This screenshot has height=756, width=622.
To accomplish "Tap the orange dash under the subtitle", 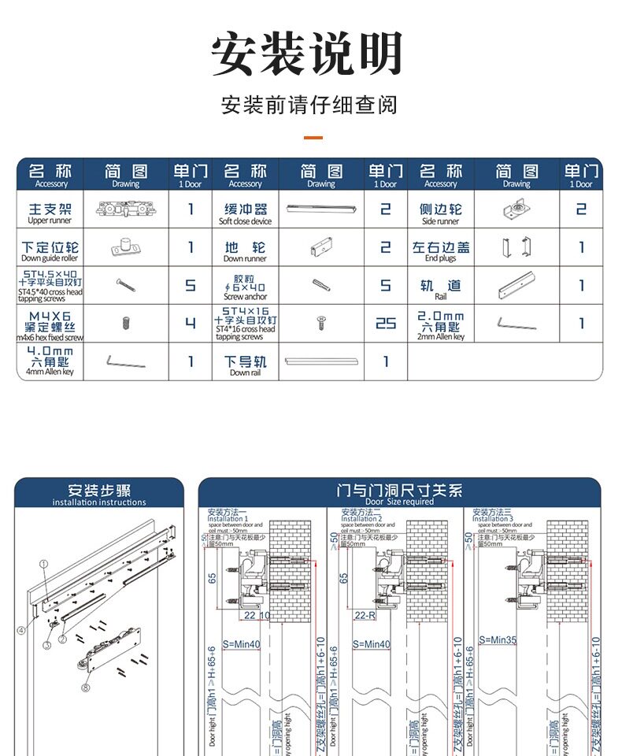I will pyautogui.click(x=313, y=138).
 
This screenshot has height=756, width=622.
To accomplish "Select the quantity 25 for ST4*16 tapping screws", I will pyautogui.click(x=386, y=323).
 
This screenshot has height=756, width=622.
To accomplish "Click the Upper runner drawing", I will pyautogui.click(x=125, y=209).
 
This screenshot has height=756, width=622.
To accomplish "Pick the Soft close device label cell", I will pyautogui.click(x=245, y=212).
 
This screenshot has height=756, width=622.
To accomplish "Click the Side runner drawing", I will pyautogui.click(x=516, y=209).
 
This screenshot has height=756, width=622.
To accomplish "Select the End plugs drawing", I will pyautogui.click(x=516, y=247).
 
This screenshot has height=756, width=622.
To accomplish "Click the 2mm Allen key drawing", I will pyautogui.click(x=516, y=323).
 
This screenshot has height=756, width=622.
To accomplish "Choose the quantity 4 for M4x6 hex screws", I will pyautogui.click(x=191, y=323).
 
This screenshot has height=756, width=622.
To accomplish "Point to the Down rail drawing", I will pyautogui.click(x=321, y=361).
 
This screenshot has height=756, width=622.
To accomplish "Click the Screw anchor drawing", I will pyautogui.click(x=320, y=285).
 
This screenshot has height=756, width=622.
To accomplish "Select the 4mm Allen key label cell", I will pyautogui.click(x=50, y=361).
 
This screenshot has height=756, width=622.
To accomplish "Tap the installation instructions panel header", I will pyautogui.click(x=99, y=494).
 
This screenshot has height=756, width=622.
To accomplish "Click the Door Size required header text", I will pyautogui.click(x=399, y=495).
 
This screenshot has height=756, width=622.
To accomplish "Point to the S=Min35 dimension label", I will pyautogui.click(x=498, y=640).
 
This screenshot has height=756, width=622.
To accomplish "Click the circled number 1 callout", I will pyautogui.click(x=44, y=563).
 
